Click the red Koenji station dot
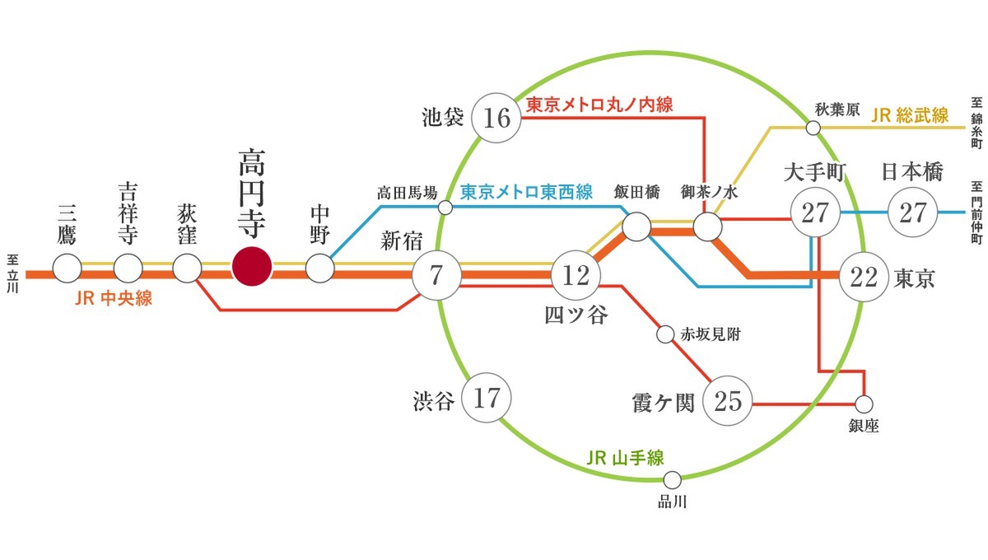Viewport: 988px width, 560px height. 252,268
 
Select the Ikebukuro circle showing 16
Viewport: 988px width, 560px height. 496,119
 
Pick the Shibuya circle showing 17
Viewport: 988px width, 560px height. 487,399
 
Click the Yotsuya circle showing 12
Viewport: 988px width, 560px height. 576,275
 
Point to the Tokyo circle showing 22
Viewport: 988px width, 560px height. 864,276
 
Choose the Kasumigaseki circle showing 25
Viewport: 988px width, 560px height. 729,402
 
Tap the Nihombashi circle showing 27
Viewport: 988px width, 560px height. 913,212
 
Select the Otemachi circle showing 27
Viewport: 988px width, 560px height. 814,212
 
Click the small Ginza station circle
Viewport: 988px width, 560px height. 864,404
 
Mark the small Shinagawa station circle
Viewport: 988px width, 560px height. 673,478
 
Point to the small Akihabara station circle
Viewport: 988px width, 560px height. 813,128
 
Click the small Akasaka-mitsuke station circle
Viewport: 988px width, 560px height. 666,335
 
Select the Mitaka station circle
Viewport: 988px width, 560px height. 67,268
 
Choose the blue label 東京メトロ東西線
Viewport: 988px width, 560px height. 526,192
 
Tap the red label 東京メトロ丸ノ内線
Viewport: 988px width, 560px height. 599,105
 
